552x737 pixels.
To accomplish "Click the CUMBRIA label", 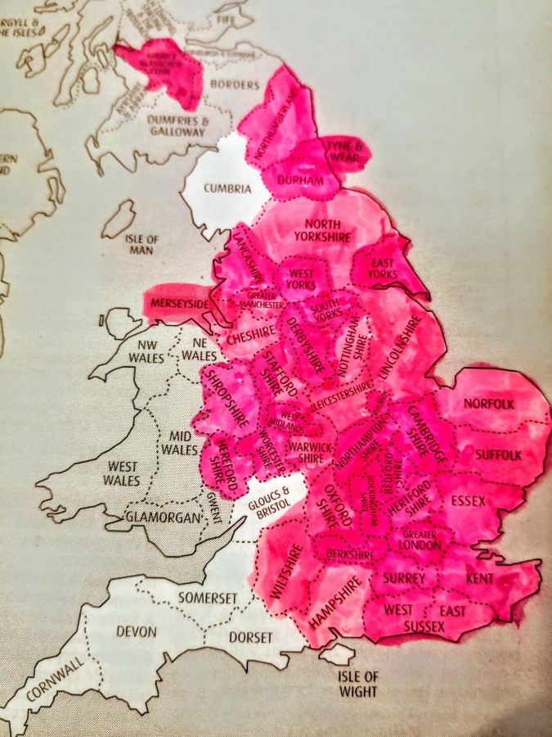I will [227, 189].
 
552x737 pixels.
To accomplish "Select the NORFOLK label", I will [488, 404].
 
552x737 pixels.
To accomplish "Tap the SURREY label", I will [404, 579].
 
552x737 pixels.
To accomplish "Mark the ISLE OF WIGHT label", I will [360, 684].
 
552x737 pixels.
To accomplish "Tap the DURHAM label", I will [298, 180].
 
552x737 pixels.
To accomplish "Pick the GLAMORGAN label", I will [163, 518].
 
